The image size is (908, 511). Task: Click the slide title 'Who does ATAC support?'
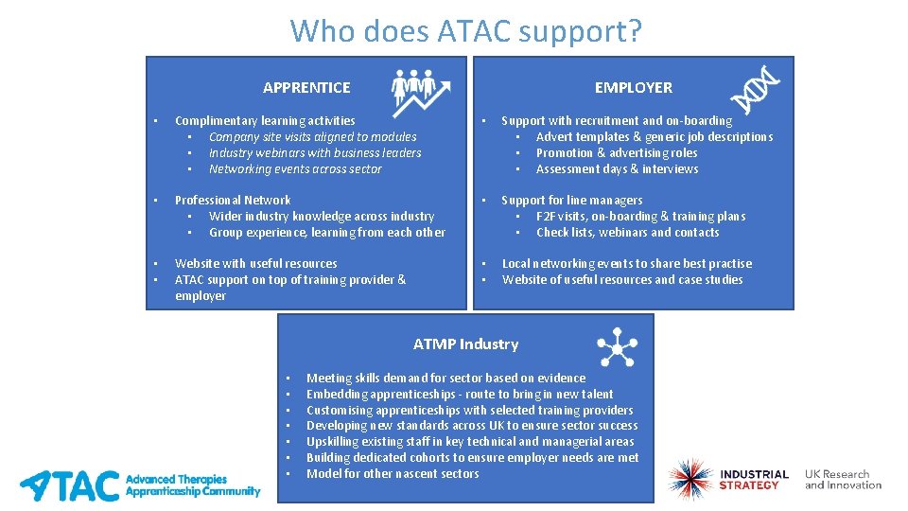465,30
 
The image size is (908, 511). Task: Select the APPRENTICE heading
306,87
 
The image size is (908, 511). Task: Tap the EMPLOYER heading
633,87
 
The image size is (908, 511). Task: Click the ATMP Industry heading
465,344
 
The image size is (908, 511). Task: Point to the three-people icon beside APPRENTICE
420,91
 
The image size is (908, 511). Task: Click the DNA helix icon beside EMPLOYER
756,90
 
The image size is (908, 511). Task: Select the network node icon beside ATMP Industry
617,346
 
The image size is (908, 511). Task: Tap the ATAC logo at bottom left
140,485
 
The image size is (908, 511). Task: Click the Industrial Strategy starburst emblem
690,480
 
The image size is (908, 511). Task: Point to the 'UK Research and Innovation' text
843,480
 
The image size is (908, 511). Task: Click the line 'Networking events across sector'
295,169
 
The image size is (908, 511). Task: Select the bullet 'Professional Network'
233,200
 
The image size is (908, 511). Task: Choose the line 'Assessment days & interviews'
617,169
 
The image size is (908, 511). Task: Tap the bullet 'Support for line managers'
571,200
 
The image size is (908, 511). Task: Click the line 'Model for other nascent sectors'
393,473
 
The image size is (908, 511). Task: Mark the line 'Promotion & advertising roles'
616,153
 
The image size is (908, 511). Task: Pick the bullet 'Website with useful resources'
255,263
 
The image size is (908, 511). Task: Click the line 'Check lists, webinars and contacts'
627,232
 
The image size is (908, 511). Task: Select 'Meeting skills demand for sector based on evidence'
445,378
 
